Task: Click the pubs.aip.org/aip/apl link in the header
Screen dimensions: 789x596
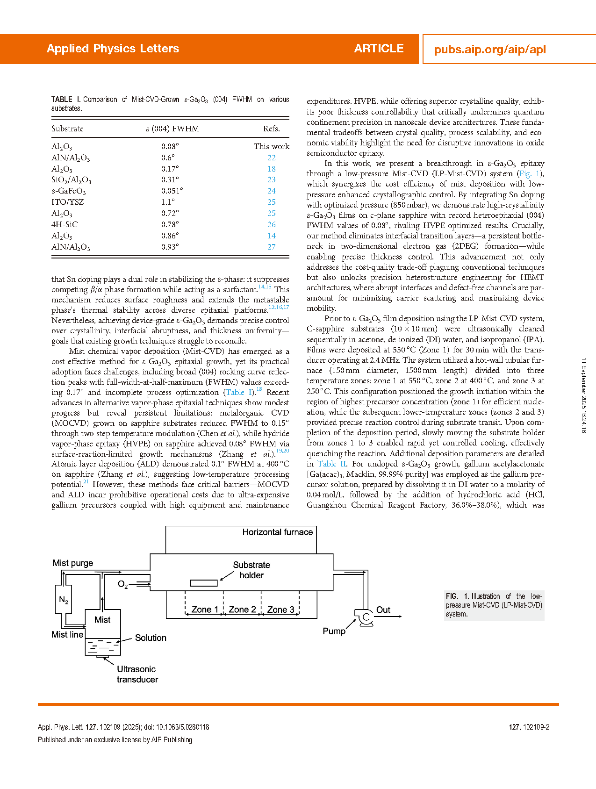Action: pos(489,50)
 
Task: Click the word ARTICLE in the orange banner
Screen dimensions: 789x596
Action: pos(379,49)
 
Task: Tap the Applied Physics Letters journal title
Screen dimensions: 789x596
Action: pos(113,49)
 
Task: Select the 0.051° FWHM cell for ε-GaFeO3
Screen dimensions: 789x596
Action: pos(172,191)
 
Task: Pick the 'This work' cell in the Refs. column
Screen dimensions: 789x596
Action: pos(271,146)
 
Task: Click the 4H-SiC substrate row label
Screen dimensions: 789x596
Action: pos(65,224)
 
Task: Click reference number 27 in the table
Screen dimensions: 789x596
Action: pos(271,247)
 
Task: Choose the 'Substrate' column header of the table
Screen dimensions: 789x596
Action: pos(67,129)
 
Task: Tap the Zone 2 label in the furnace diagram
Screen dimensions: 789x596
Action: pos(242,610)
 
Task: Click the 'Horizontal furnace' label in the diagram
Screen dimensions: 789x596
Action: pos(277,532)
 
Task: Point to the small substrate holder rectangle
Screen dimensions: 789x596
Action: pos(204,583)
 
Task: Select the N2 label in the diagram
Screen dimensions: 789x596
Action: pos(64,600)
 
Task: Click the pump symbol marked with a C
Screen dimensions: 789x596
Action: pos(366,617)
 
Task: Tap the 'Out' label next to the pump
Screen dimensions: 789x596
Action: pos(383,610)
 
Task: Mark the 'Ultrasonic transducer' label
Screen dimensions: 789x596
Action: pos(137,674)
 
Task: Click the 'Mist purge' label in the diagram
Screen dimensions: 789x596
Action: pos(72,563)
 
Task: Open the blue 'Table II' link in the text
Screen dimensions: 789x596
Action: pos(332,464)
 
